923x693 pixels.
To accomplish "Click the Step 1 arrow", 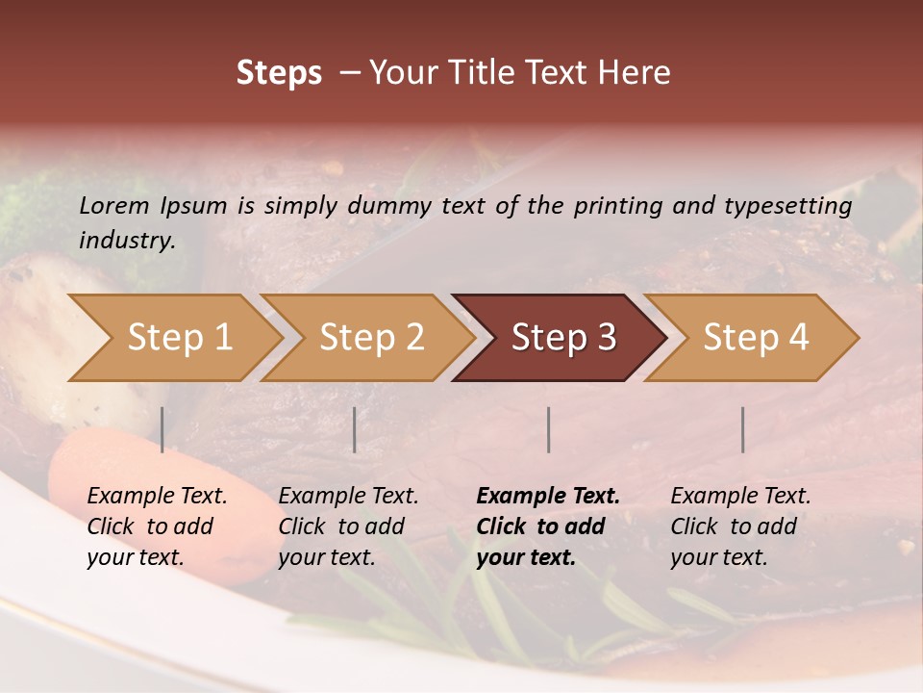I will (179, 338).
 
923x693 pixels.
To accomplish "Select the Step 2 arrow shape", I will (371, 338).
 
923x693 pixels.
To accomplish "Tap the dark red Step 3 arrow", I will (563, 338).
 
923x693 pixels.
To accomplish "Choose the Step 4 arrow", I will (756, 338).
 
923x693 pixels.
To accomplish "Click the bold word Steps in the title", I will (279, 73).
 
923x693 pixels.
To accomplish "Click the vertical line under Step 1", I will (162, 429).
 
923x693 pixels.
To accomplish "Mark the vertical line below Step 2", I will (355, 429).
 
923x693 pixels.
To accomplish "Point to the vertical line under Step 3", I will (549, 429).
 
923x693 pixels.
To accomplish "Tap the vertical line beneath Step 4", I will (743, 429).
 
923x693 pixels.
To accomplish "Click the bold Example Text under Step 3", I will (548, 497).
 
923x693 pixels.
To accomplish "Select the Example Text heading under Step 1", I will (157, 497).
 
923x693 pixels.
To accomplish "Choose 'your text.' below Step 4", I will (718, 558).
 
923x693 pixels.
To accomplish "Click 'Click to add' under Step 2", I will (341, 527).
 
